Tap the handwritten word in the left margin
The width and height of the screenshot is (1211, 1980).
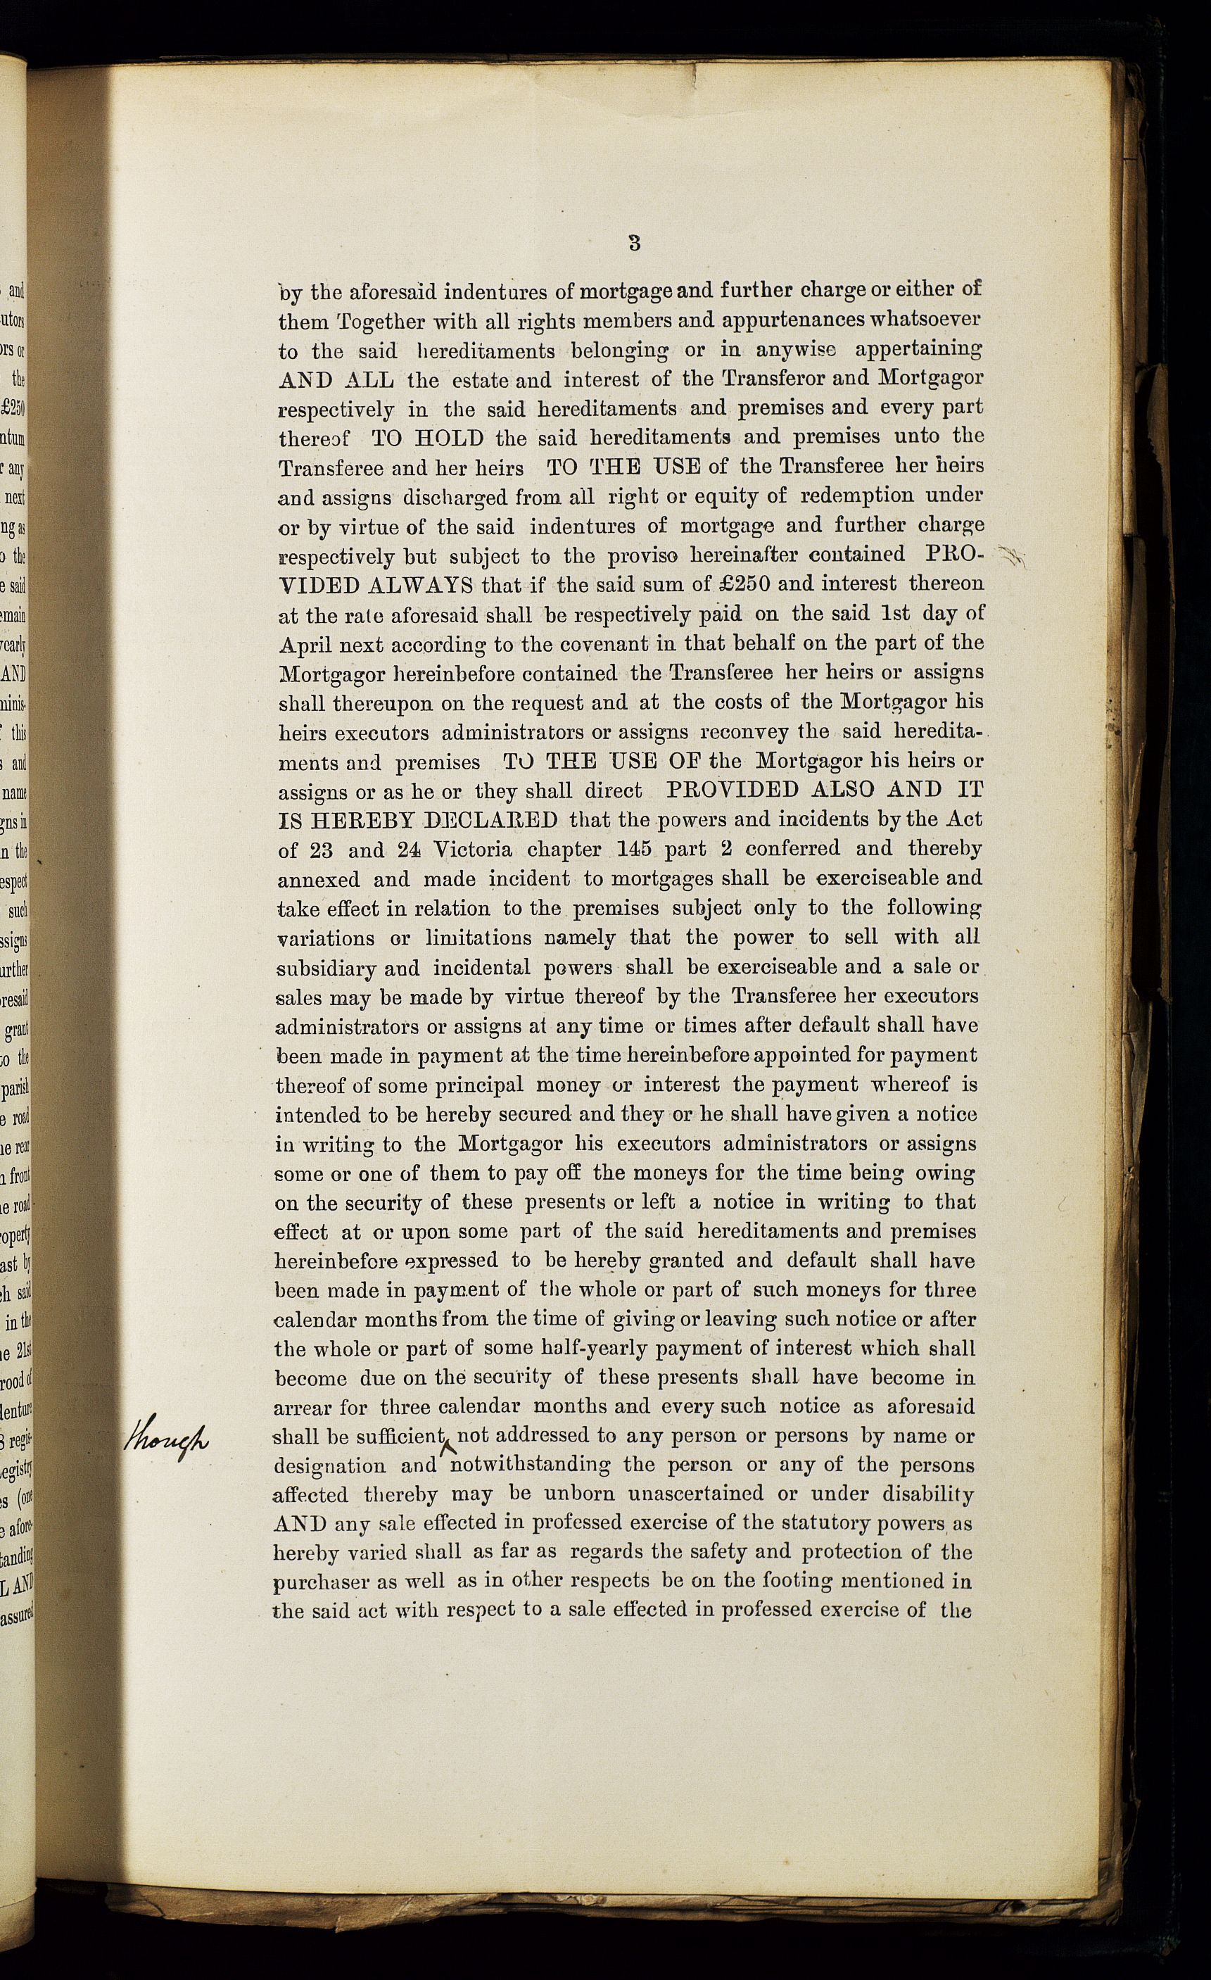click(165, 1436)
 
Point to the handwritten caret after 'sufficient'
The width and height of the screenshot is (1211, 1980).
click(450, 1447)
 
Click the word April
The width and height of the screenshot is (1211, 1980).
click(305, 645)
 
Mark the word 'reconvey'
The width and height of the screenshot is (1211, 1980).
click(746, 733)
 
